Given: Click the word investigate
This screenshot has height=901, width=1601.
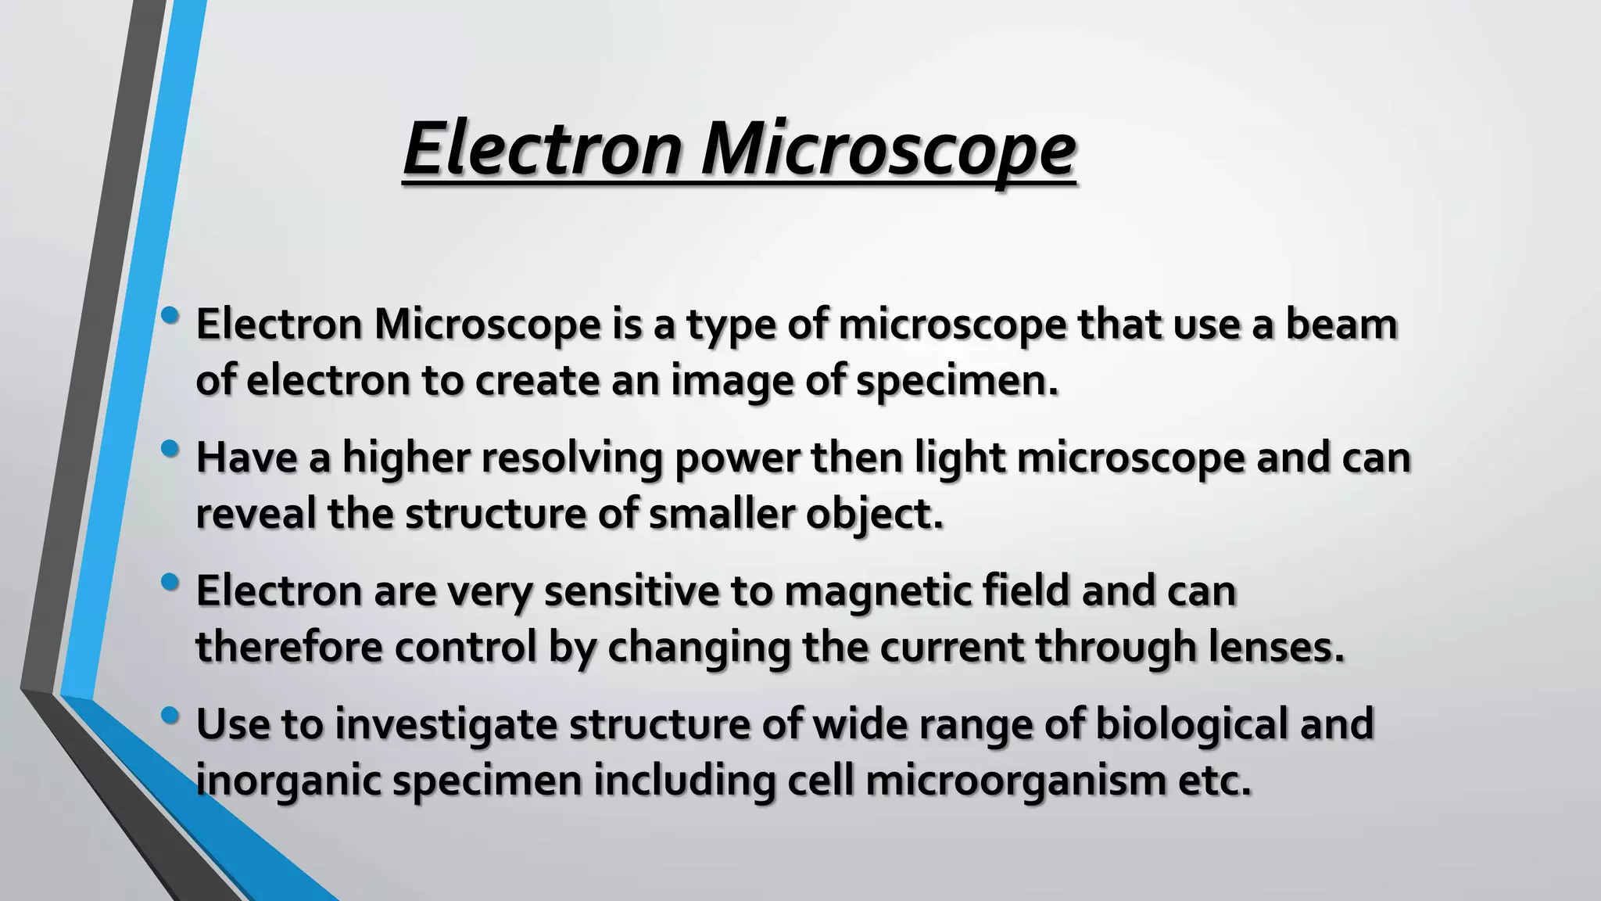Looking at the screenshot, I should point(446,724).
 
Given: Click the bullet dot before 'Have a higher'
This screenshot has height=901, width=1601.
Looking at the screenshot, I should point(169,449).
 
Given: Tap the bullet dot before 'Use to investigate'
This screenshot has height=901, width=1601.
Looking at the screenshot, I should point(169,715).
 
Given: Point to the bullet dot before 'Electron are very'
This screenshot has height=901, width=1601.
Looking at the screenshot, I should point(169,582).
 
